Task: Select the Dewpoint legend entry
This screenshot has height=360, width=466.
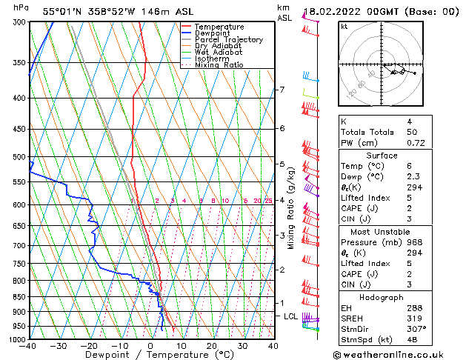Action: click(x=214, y=33)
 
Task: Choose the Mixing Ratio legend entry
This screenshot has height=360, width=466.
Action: click(x=220, y=65)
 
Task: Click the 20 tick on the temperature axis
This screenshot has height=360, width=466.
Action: click(x=211, y=346)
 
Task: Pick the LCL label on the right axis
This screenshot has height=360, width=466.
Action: click(x=291, y=316)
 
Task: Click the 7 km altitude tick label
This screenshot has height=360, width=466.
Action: click(x=282, y=90)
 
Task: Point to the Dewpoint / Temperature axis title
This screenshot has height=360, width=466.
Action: click(x=150, y=355)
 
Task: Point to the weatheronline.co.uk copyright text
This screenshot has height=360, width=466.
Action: click(x=399, y=353)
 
